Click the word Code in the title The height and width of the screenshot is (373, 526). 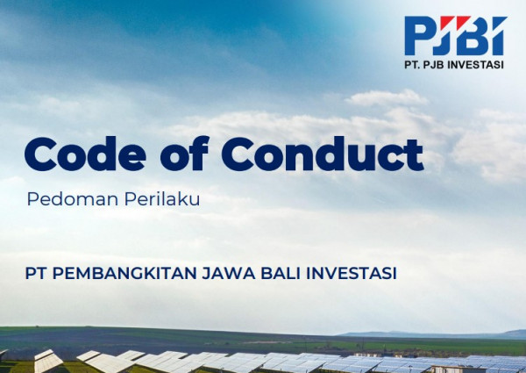coord(85,154)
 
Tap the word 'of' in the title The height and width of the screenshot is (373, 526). coord(185,154)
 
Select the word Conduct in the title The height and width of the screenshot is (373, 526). coord(323,154)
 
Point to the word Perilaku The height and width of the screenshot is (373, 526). coord(162,198)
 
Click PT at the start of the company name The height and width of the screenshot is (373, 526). coord(36,273)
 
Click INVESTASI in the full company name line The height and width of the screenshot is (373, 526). coord(352,273)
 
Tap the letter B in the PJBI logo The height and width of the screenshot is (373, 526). coord(469,36)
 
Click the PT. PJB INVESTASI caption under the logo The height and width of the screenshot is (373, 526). coord(454,64)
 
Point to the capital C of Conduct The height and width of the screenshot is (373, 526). coord(238,154)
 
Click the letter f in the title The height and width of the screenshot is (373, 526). coord(199,154)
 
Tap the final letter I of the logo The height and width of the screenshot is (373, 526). coord(497,36)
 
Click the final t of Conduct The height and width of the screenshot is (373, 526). coord(415,155)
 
